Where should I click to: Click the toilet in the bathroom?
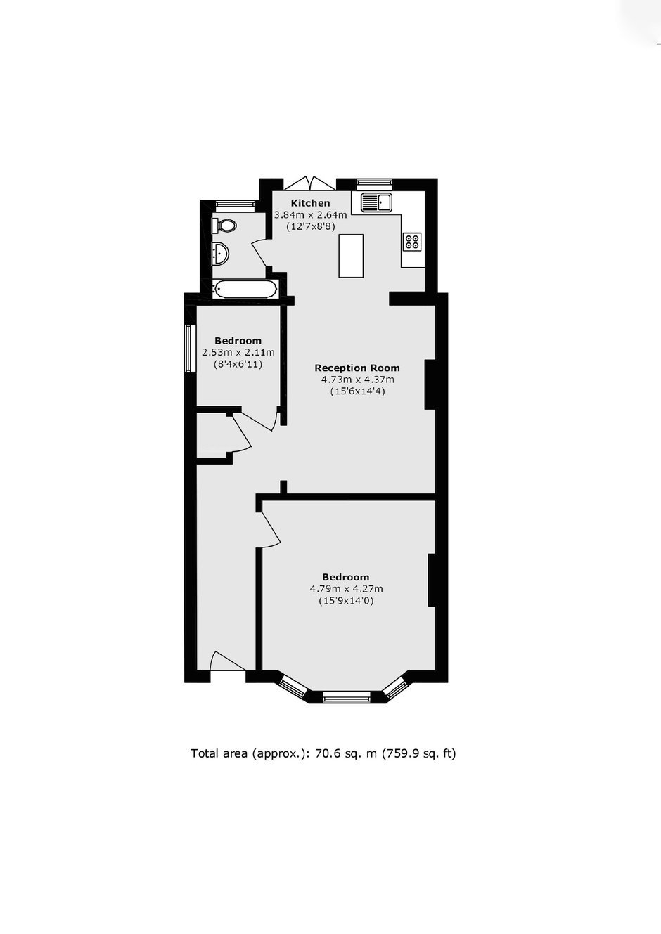click(x=224, y=226)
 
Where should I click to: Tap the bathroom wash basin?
click(x=220, y=254)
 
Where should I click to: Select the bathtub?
click(x=245, y=290)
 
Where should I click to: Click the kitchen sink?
click(x=376, y=202)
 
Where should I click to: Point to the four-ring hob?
click(x=412, y=242)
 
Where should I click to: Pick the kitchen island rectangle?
click(x=351, y=256)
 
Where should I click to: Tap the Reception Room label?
click(x=357, y=368)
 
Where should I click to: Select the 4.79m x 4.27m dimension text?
click(x=347, y=589)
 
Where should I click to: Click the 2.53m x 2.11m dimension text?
click(x=238, y=352)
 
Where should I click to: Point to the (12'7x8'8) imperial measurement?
click(x=311, y=227)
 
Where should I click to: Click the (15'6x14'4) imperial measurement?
click(x=358, y=391)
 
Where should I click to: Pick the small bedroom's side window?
click(x=191, y=348)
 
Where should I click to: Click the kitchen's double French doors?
click(x=309, y=183)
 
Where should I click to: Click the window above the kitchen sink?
click(x=375, y=182)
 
